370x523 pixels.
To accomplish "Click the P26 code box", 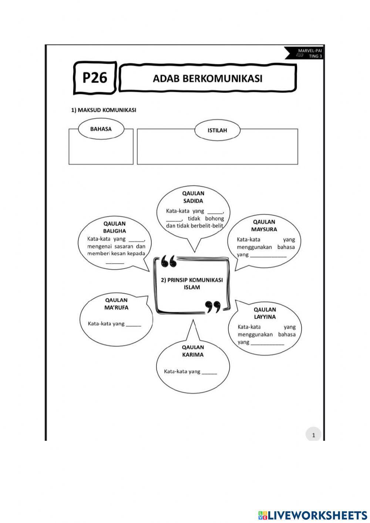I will coord(95,78).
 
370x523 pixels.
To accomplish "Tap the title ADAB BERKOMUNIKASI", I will coord(208,78).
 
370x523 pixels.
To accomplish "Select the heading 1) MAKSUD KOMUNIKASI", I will coord(104,110).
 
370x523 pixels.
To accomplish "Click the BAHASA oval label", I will coord(101,129).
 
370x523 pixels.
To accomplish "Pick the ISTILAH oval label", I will coord(217,130).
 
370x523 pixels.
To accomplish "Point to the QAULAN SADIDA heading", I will coord(193,197).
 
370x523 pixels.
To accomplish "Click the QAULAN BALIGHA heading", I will coord(114,227).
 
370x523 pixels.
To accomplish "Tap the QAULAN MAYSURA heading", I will coord(264,225).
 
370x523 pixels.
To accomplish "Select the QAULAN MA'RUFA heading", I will coord(116,304).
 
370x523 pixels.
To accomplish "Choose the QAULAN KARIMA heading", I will coord(193,351).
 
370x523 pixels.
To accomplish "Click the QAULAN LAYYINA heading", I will coord(265,313).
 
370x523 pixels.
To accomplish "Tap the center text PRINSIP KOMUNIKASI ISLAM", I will coord(192,284).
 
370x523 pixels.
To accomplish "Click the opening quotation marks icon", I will coord(169,261).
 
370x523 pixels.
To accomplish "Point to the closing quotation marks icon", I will coord(213,306).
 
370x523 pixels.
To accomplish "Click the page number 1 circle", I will coord(313,435).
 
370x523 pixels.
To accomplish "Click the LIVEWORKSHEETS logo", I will coord(312,515).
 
